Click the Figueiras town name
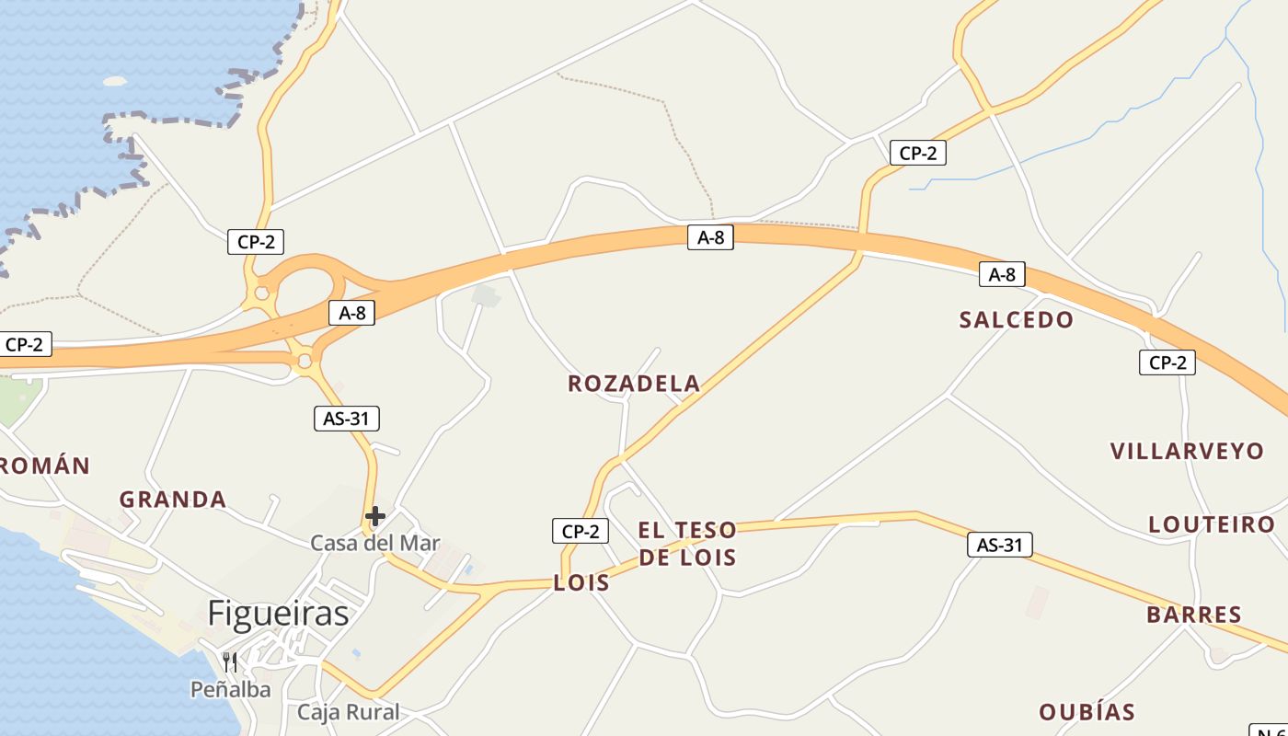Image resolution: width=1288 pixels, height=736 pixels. pos(278,614)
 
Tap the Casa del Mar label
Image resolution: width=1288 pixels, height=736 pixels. pos(374,544)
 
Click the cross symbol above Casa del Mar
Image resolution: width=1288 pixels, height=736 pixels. pos(374,516)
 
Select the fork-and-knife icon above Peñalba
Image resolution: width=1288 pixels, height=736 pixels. pos(230,661)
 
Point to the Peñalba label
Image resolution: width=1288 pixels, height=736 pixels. pos(230,689)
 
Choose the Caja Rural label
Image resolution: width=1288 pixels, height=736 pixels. pos(349,712)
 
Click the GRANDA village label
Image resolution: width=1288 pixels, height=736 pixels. pos(173,500)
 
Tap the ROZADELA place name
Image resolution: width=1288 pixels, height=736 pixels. pos(634,384)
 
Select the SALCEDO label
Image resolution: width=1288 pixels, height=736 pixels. pos(1016,320)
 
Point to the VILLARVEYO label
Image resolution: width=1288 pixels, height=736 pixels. pos(1187,452)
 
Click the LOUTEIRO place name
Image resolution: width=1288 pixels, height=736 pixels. pos(1212,524)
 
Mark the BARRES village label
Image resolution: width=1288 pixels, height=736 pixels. pos(1194,615)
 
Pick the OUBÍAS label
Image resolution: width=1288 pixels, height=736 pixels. pos(1087,712)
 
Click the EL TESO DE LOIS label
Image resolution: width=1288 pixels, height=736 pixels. pos(687,543)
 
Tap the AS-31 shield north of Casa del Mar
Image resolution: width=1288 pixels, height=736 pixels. pos(346,420)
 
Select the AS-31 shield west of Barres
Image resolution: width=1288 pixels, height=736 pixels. pos(1000,545)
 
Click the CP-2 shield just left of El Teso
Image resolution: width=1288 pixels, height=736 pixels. pos(581,531)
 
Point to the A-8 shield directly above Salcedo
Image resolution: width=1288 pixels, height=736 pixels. pos(1002,274)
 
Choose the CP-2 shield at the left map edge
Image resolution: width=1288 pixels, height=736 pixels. pos(24,345)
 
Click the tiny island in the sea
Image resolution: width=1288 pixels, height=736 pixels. pos(114,81)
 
